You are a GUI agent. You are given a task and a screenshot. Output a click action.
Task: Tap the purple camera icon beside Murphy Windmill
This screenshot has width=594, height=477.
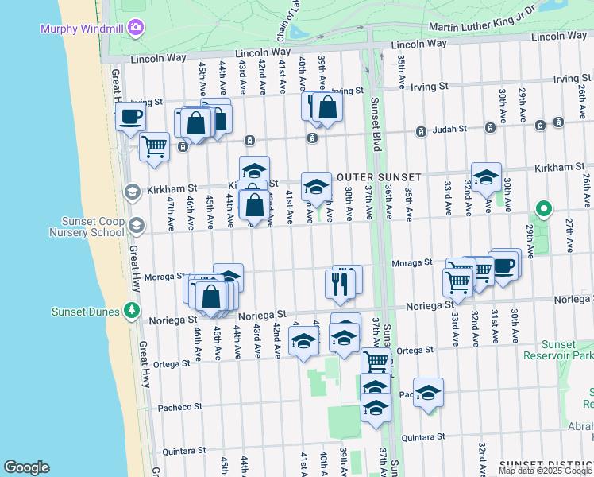pyautogui.click(x=136, y=28)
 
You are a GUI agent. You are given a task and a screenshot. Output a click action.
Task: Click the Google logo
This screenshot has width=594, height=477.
pyautogui.click(x=26, y=467)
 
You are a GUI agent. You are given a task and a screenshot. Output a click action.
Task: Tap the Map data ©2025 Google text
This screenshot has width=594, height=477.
pyautogui.click(x=545, y=471)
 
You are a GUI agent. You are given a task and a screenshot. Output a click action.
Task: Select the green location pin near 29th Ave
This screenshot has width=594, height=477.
pyautogui.click(x=543, y=209)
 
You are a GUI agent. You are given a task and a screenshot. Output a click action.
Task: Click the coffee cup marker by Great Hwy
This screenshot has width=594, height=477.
pyautogui.click(x=131, y=116)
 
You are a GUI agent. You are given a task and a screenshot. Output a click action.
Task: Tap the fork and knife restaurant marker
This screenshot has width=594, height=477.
pyautogui.click(x=341, y=284)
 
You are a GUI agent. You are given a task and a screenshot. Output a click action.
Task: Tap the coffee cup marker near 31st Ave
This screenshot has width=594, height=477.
pyautogui.click(x=503, y=265)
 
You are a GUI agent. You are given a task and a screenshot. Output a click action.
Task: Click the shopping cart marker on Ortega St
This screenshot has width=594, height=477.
pyautogui.click(x=376, y=362)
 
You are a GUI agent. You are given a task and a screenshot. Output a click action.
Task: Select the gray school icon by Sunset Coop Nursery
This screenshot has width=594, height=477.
pyautogui.click(x=136, y=227)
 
